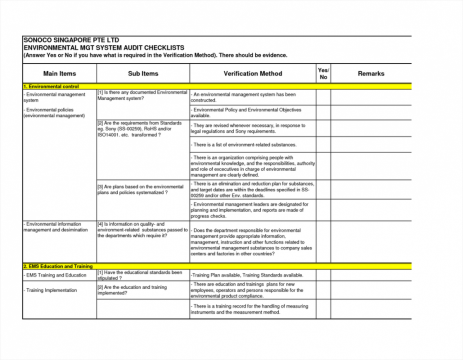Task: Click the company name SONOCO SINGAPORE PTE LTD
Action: click(x=71, y=39)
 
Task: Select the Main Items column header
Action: click(x=59, y=73)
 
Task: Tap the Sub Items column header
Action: click(x=143, y=73)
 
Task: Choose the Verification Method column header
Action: click(x=252, y=73)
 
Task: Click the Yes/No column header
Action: click(x=323, y=73)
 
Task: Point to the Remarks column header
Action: click(x=371, y=73)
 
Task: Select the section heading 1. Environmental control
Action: click(x=51, y=86)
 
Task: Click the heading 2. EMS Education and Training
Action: click(x=58, y=266)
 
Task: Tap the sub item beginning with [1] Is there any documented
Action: click(x=142, y=95)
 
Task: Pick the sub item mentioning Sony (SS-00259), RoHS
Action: click(x=140, y=129)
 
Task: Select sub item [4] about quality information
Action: click(x=142, y=230)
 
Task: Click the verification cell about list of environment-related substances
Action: click(x=244, y=144)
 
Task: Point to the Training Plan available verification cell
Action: click(x=247, y=275)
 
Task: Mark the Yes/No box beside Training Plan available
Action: click(x=323, y=275)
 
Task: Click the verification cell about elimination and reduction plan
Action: click(x=252, y=190)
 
